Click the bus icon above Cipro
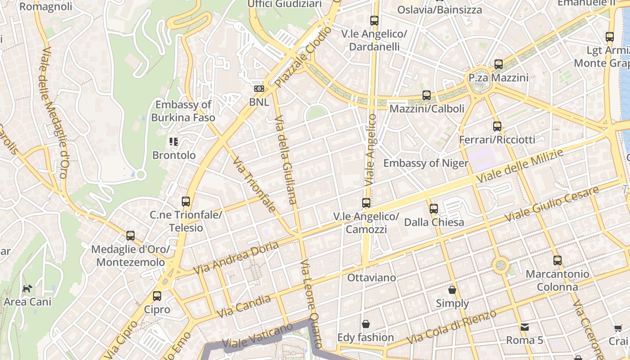(157, 296)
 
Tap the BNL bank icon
(259, 89)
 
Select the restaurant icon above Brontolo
(174, 142)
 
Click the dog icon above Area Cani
(27, 288)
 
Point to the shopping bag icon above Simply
(452, 290)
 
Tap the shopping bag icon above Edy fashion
(366, 324)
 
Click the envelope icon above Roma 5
(524, 327)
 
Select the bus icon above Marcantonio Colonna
(558, 260)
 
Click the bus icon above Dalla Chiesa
(433, 208)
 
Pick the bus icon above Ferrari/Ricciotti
(497, 126)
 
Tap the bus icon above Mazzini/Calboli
(427, 95)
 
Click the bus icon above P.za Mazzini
(499, 64)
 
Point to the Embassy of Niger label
(426, 163)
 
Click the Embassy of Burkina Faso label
(183, 111)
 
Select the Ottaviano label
(372, 278)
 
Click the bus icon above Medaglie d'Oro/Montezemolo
(130, 235)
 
